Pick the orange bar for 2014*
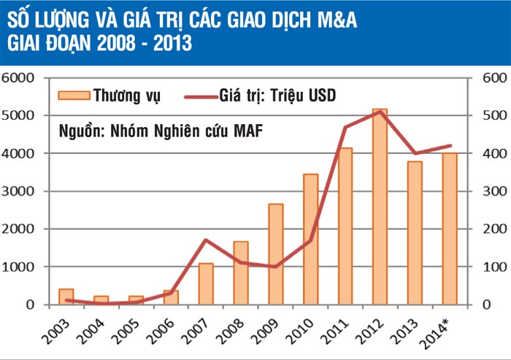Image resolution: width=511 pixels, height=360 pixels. coord(449,229)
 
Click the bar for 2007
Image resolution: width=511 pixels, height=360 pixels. coord(206,284)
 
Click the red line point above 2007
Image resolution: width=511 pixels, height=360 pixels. coord(206,240)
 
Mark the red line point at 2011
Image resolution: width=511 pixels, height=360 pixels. coord(345,127)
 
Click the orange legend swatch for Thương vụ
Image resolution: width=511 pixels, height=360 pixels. coord(73,95)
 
